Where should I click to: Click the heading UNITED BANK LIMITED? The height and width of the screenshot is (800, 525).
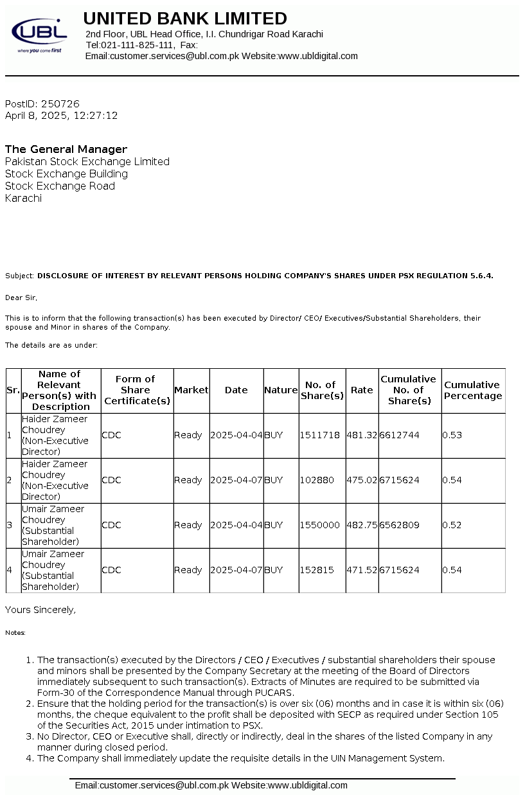pos(185,19)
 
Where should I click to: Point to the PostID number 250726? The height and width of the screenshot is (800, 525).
pos(60,103)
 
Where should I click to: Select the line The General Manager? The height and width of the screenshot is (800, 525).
pos(66,149)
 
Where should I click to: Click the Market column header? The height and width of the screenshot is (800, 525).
pos(191,390)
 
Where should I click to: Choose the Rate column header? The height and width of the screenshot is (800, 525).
pos(362,390)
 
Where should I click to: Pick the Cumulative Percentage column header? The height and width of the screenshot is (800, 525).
pos(473,390)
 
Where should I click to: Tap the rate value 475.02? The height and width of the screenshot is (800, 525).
pos(362,480)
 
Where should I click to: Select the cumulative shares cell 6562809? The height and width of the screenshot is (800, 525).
pos(399,525)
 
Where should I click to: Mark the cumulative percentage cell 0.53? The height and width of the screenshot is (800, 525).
pos(452,435)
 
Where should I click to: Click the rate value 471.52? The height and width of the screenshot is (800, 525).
pos(362,570)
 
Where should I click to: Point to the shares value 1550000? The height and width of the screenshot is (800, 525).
pos(320,525)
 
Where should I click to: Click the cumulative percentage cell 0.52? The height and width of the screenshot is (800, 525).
pos(452,525)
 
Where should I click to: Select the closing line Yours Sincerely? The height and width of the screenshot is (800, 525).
pos(40,610)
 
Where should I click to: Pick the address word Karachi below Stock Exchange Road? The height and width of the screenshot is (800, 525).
pos(23,198)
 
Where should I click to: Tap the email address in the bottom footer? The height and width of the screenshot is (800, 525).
pos(152,785)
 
